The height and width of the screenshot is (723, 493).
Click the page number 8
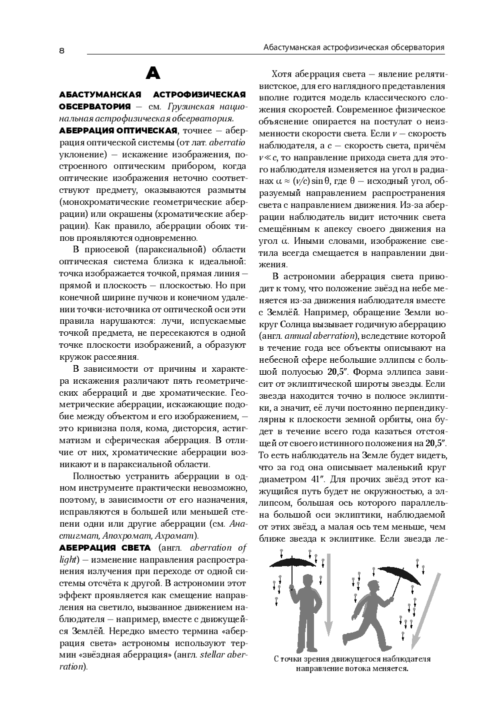(61, 50)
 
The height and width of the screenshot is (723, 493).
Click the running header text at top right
(353, 47)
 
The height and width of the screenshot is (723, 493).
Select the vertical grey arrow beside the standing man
(328, 595)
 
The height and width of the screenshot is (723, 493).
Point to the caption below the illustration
(352, 664)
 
